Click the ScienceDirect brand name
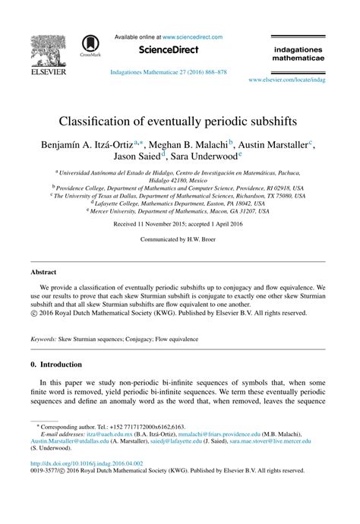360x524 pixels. [168, 50]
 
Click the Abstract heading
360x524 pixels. [43, 272]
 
